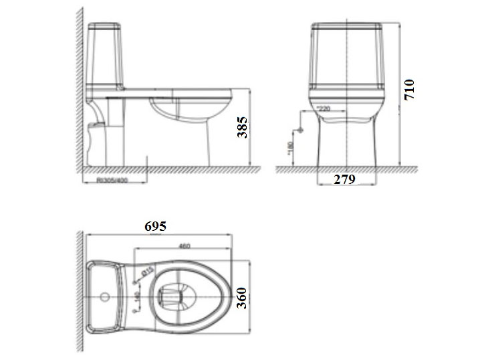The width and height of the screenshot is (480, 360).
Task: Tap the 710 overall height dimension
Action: pos(409,90)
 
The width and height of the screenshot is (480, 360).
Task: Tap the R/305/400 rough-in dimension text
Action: pos(112,179)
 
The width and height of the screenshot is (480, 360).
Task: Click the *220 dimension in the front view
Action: pos(324,108)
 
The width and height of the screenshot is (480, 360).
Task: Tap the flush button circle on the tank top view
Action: pos(105,295)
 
